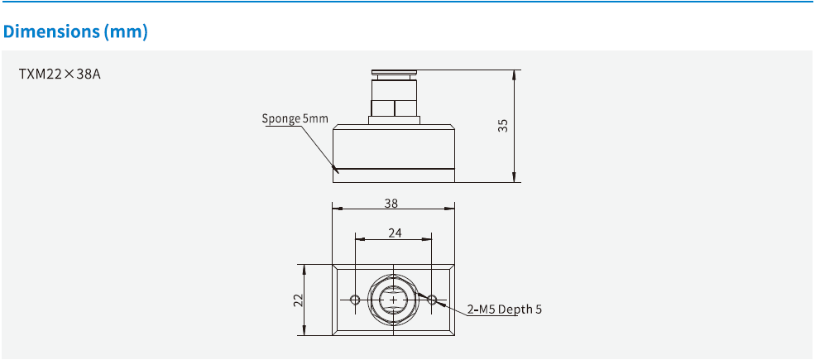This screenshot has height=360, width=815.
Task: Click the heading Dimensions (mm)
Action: coord(75,32)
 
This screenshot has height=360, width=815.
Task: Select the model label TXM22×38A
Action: coord(60,74)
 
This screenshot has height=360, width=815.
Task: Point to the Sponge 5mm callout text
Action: coord(295,118)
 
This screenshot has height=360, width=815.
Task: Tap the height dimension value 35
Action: coord(502,125)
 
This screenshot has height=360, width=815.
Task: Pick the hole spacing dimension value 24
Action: coord(394,233)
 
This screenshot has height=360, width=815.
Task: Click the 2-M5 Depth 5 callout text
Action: coord(505,310)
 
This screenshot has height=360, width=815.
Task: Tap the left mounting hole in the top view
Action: coord(355,300)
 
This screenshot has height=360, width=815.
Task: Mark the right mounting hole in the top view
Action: coord(432,300)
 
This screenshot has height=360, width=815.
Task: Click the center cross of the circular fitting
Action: coord(393,300)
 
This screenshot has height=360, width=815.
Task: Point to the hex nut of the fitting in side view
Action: coord(394,107)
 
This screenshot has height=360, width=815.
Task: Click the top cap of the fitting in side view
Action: coord(394,72)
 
